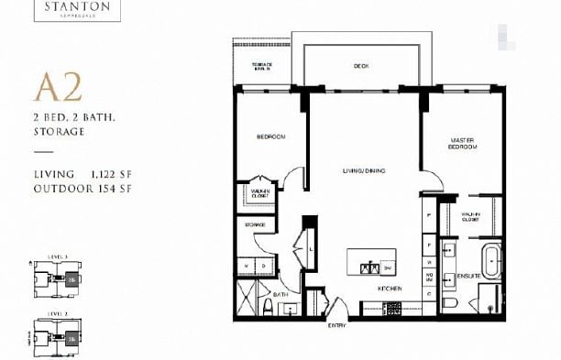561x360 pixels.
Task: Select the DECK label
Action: (x=361, y=66)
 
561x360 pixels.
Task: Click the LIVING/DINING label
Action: (x=362, y=170)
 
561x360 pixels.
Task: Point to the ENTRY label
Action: (x=337, y=323)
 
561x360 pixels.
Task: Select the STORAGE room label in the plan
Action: (x=255, y=224)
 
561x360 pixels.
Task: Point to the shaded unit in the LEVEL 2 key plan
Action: (x=71, y=338)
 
